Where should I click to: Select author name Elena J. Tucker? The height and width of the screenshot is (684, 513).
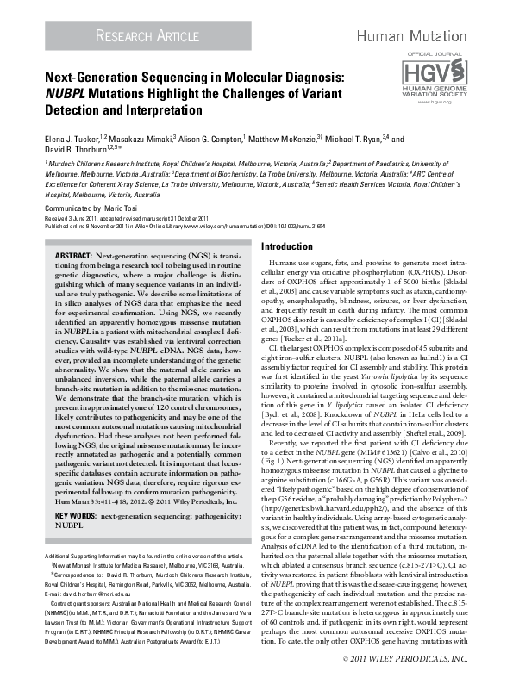coord(73,138)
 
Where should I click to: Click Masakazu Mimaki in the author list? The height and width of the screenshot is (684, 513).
coord(140,138)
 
